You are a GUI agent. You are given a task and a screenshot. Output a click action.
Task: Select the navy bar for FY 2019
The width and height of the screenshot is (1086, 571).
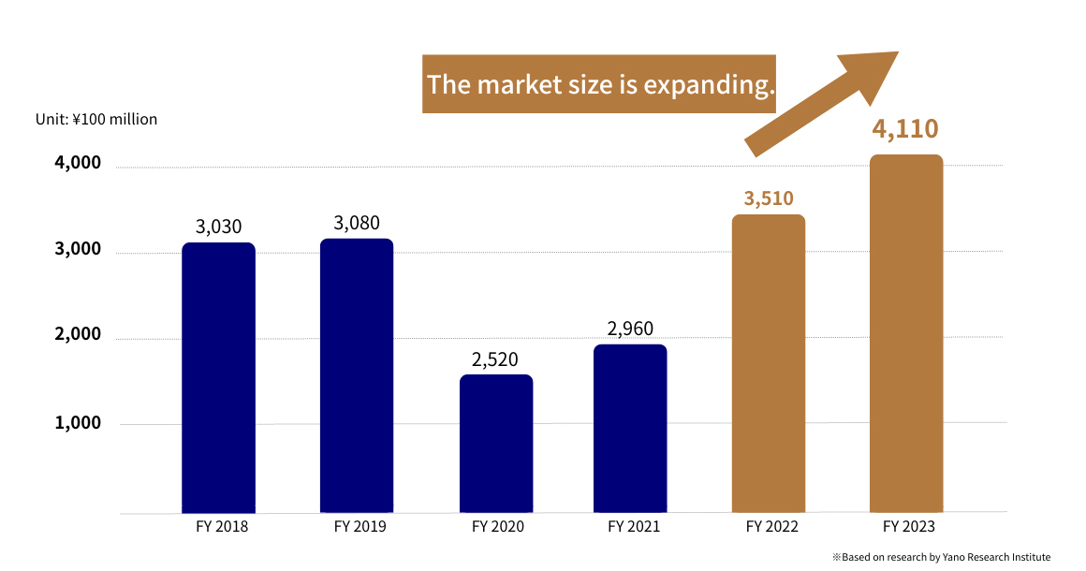(x=357, y=375)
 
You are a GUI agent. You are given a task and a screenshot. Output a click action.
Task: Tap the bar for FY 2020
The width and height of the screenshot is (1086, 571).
(x=496, y=444)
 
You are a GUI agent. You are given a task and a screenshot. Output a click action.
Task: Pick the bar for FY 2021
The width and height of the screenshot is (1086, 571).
(x=631, y=429)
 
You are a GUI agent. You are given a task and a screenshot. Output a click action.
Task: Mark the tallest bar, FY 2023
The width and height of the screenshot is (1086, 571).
(x=905, y=333)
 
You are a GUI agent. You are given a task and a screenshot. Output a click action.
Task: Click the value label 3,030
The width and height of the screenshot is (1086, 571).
(x=219, y=227)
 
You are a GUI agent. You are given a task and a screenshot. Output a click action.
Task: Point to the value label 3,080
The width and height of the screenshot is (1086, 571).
(x=357, y=223)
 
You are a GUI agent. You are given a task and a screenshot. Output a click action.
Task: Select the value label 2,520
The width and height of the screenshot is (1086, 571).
(x=494, y=359)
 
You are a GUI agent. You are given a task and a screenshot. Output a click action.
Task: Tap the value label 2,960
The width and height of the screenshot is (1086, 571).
(x=630, y=329)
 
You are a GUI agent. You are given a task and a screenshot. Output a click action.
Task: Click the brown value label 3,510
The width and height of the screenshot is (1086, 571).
(x=769, y=198)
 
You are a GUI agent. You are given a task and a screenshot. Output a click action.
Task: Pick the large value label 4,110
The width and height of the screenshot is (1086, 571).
(x=904, y=128)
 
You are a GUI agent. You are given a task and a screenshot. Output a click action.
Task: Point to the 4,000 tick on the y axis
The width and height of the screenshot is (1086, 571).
(x=78, y=163)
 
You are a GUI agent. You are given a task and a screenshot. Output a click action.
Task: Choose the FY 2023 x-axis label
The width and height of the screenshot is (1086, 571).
(x=908, y=527)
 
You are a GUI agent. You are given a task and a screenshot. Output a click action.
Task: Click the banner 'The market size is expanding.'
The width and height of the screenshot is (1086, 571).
(x=599, y=84)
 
